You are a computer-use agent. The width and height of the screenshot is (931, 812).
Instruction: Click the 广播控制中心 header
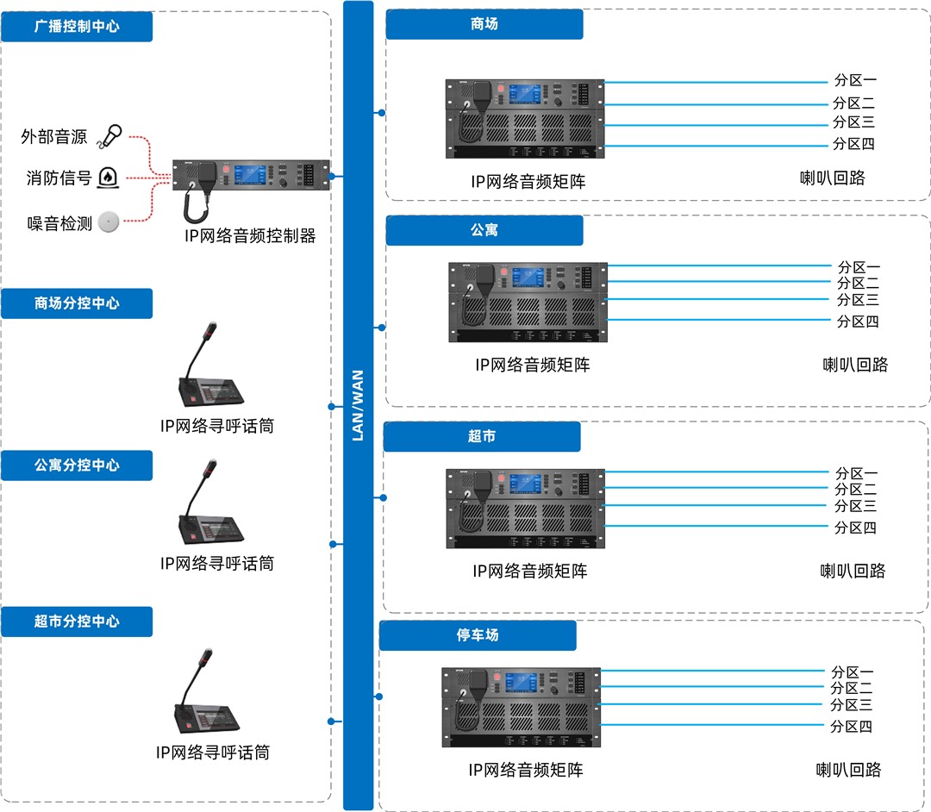[77, 27]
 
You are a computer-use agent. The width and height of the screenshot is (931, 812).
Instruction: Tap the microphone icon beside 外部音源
[110, 135]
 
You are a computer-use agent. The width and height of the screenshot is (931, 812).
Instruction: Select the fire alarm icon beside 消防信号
[108, 178]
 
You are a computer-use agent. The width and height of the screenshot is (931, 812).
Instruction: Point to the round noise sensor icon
[108, 222]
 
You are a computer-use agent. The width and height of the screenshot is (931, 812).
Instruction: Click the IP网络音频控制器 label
[250, 235]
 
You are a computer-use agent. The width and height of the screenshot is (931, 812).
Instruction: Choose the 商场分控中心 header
[77, 303]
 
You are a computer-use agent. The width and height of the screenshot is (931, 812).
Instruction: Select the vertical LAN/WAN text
[359, 405]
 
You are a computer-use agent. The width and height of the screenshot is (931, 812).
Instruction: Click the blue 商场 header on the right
[484, 24]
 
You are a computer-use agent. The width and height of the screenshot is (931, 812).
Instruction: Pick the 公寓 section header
[484, 230]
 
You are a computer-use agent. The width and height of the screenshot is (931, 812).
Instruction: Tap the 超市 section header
[482, 436]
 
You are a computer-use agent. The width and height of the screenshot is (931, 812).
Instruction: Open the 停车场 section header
[478, 635]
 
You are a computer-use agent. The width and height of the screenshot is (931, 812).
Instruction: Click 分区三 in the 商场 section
[853, 122]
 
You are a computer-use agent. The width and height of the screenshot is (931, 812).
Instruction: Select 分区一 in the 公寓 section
[859, 267]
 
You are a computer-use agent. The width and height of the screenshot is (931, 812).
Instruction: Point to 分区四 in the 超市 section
[855, 528]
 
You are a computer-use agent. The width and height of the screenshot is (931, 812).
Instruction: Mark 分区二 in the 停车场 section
[851, 688]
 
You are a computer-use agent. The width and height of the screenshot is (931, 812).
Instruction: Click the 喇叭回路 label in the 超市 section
[853, 571]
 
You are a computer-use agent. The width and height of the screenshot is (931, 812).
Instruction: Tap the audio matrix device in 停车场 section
[522, 708]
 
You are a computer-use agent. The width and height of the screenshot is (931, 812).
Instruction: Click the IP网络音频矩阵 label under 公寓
[532, 365]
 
